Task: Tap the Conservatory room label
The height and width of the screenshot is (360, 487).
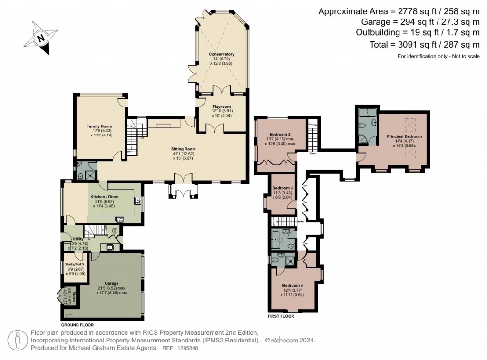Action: click(x=222, y=54)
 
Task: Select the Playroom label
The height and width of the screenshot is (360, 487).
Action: click(x=221, y=107)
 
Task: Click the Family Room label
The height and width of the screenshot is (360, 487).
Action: click(x=99, y=126)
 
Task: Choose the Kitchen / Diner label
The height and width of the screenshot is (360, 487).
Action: click(x=104, y=197)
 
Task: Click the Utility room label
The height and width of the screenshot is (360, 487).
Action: click(x=78, y=239)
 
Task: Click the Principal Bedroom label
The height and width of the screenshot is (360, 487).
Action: click(x=404, y=136)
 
